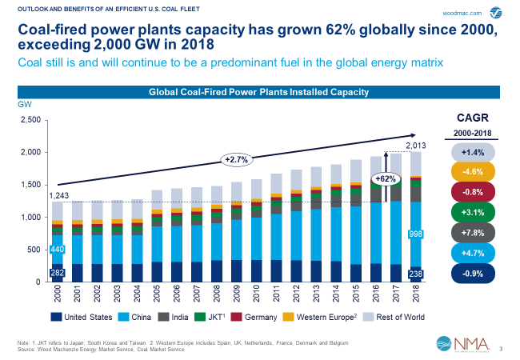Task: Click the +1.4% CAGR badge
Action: tap(472, 151)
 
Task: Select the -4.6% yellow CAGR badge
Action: tap(472, 171)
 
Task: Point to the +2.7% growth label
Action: tap(237, 159)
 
